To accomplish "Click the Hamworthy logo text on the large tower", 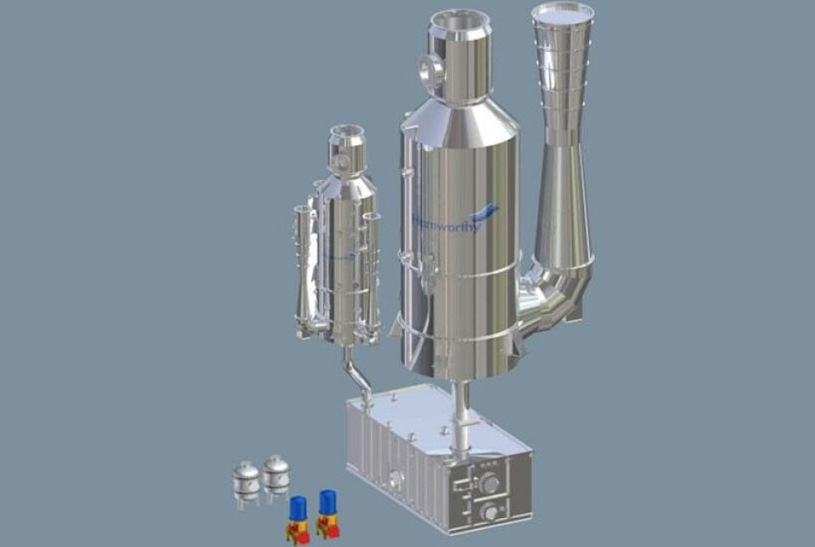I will point(448,223).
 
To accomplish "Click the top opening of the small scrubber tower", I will point(346,131).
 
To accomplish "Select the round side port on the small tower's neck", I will point(340,161).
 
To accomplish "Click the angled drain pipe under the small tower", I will point(357,374).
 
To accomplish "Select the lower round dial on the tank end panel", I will point(490,513).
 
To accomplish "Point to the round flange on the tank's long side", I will point(393,478).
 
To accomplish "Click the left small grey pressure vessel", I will point(246,482).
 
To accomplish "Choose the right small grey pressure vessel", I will point(275,474).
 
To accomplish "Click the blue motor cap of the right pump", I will point(327,502).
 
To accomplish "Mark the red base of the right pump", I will point(327,529).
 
